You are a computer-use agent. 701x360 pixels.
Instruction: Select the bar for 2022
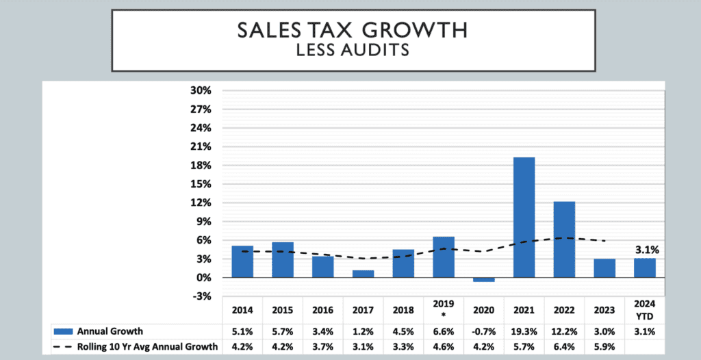click(564, 240)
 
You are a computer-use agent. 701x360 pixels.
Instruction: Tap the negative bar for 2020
click(484, 280)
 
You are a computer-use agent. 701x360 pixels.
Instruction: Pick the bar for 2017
click(364, 274)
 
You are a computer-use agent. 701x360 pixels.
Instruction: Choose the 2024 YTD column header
click(644, 309)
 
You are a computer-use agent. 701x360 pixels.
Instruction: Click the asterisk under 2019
click(444, 314)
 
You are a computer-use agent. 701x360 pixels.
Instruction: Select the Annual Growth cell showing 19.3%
click(524, 331)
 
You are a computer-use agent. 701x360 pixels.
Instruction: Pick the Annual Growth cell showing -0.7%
click(483, 331)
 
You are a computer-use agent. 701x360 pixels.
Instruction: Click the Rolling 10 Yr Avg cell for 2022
click(564, 346)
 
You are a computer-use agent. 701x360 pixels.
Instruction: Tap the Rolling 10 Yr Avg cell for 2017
click(364, 346)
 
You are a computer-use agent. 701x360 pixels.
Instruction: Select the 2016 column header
click(323, 309)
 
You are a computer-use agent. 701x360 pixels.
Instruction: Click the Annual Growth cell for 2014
click(242, 331)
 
